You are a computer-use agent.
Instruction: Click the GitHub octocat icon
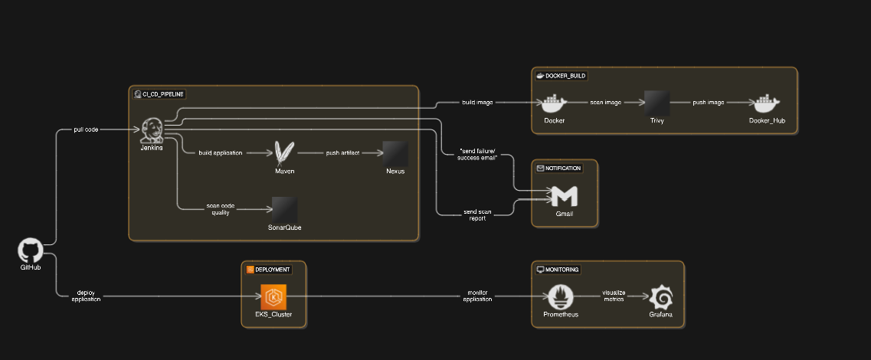(x=30, y=251)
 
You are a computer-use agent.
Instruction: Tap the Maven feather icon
(x=285, y=153)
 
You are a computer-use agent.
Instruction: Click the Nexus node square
(x=395, y=153)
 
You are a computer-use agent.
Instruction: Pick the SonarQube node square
(x=284, y=210)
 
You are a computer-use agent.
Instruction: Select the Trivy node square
(x=657, y=103)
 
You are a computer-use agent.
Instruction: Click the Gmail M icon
(x=565, y=196)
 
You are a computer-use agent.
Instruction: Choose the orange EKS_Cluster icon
(x=273, y=296)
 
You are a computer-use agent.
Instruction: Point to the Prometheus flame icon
(x=562, y=296)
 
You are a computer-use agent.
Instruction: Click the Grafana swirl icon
(x=661, y=296)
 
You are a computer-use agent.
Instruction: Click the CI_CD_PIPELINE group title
(x=163, y=94)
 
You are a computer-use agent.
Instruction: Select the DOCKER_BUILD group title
(x=566, y=76)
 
